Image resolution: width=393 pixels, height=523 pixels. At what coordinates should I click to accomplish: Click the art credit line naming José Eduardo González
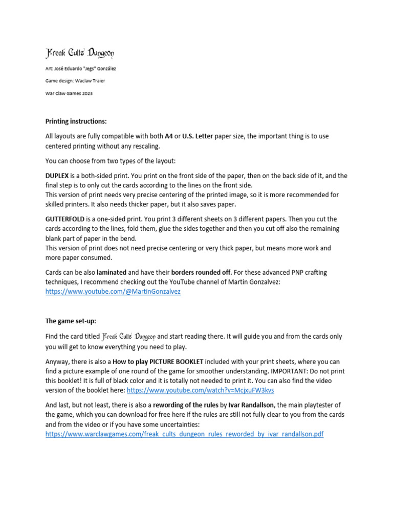[x=84, y=68]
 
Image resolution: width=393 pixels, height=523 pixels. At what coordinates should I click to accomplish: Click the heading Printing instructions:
[x=76, y=122]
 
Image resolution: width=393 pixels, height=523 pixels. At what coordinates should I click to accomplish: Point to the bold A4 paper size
[x=168, y=136]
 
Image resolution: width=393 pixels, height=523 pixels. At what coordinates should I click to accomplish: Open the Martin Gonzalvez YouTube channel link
[x=113, y=292]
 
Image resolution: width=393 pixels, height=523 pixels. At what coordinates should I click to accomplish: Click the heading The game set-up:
[x=71, y=321]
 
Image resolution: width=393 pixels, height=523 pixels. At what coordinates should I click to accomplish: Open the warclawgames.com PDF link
[x=184, y=434]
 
